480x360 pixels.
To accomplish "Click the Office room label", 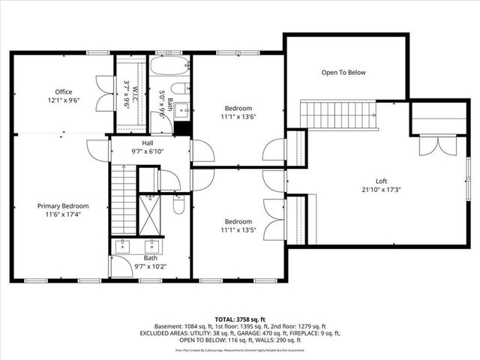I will pyautogui.click(x=64, y=91).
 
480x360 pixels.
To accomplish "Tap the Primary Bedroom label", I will pyautogui.click(x=63, y=205).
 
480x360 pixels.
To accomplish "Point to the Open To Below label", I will pyautogui.click(x=343, y=73).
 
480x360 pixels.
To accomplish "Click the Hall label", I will pyautogui.click(x=148, y=142).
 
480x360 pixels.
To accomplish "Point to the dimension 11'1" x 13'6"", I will pyautogui.click(x=238, y=116).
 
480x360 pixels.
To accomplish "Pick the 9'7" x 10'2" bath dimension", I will pyautogui.click(x=151, y=265).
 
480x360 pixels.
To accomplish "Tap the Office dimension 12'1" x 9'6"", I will pyautogui.click(x=64, y=100).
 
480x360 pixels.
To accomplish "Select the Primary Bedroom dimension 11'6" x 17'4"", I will pyautogui.click(x=63, y=214).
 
